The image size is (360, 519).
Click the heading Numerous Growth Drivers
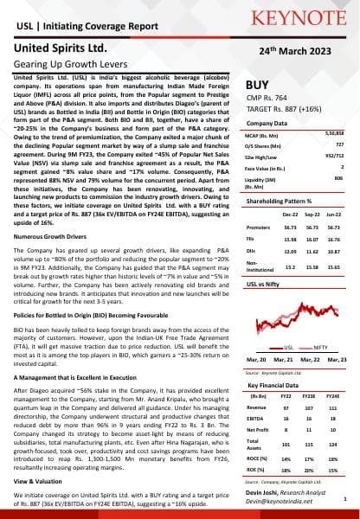click(x=53, y=235)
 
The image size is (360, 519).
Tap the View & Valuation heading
click(x=42, y=480)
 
